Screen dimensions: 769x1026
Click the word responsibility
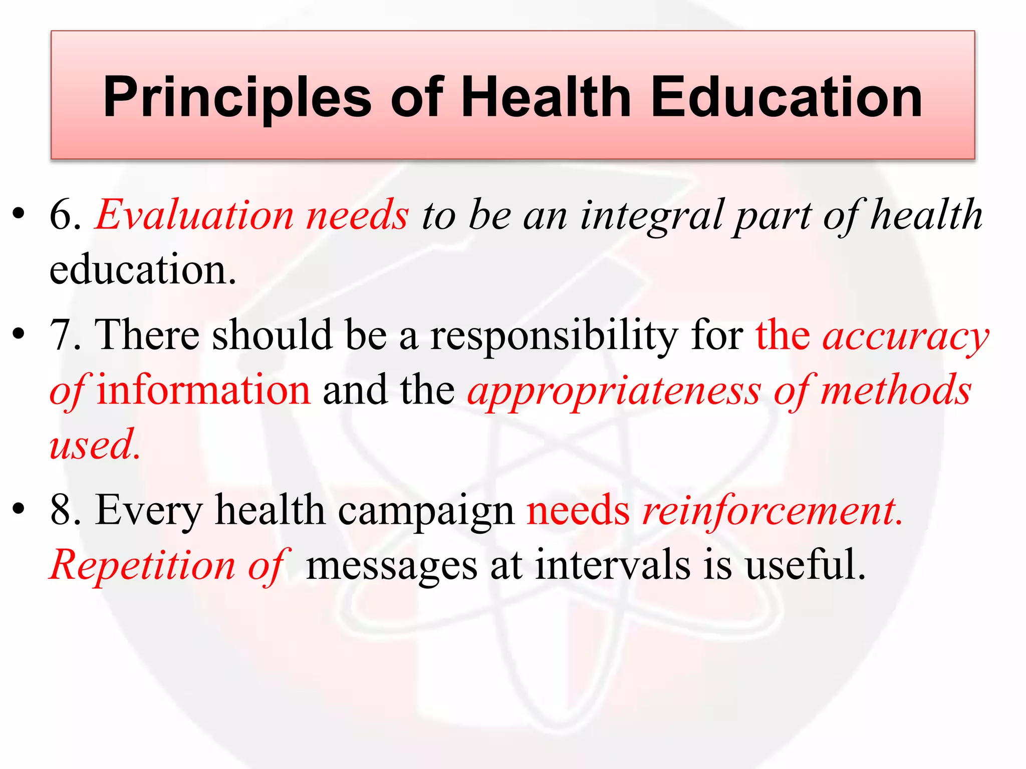click(554, 336)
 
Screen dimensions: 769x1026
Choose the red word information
click(203, 390)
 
